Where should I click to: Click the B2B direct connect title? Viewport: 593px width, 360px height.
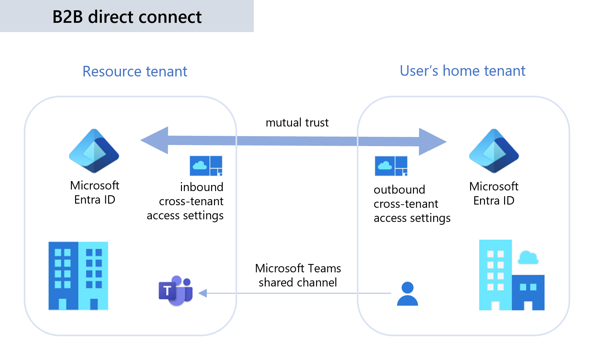point(127,17)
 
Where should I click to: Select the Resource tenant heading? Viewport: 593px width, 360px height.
point(135,71)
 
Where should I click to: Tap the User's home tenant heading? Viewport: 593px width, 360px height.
point(462,71)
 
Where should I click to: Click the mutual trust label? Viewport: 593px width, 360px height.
point(297,123)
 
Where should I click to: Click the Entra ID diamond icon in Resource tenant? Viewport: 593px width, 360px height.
point(94,151)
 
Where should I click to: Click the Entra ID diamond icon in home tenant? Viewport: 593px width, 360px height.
point(494,151)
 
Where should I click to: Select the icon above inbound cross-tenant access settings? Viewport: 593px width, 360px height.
point(206,166)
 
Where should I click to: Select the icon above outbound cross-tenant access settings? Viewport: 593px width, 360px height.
point(391,166)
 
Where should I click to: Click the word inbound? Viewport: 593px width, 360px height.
point(202,187)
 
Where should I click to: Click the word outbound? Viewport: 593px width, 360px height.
point(399,189)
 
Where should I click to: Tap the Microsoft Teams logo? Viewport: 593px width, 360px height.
point(176,290)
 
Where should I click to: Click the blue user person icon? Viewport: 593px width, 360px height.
point(407,294)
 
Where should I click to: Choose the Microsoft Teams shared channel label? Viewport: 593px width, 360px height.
point(298,275)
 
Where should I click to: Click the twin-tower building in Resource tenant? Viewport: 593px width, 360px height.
point(78,276)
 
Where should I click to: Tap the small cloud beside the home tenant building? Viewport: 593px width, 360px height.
point(528,258)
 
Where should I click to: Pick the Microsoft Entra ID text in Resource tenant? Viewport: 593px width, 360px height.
point(95,192)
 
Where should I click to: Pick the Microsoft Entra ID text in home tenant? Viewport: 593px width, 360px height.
point(494,193)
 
